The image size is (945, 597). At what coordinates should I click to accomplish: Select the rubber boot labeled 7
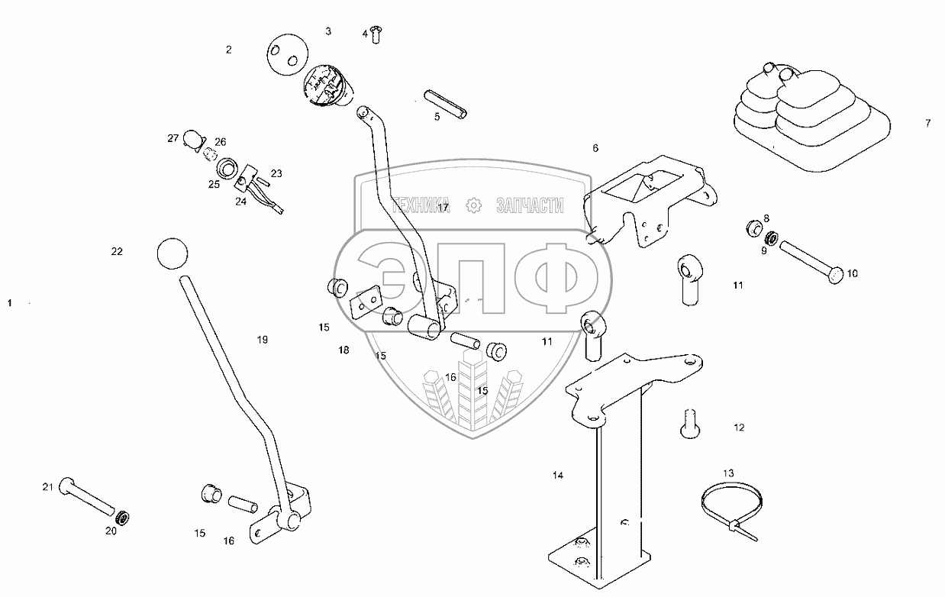[x=809, y=118]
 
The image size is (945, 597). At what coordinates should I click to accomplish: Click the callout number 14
[x=558, y=476]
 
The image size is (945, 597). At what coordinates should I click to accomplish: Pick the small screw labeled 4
[x=376, y=34]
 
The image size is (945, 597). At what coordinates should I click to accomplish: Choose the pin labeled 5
[x=447, y=105]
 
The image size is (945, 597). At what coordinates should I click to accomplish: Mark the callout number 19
[x=263, y=340]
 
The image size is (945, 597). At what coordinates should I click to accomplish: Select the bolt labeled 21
[x=88, y=496]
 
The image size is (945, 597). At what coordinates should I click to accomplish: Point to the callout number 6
[x=595, y=148]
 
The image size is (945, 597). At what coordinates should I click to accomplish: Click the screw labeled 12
[x=689, y=423]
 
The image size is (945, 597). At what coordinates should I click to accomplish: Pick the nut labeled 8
[x=753, y=228]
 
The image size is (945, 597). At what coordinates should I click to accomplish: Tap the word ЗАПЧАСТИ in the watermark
[x=530, y=205]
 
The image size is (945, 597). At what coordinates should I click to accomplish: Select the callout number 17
[x=443, y=208]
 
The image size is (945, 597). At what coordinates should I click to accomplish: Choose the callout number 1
[x=10, y=303]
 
